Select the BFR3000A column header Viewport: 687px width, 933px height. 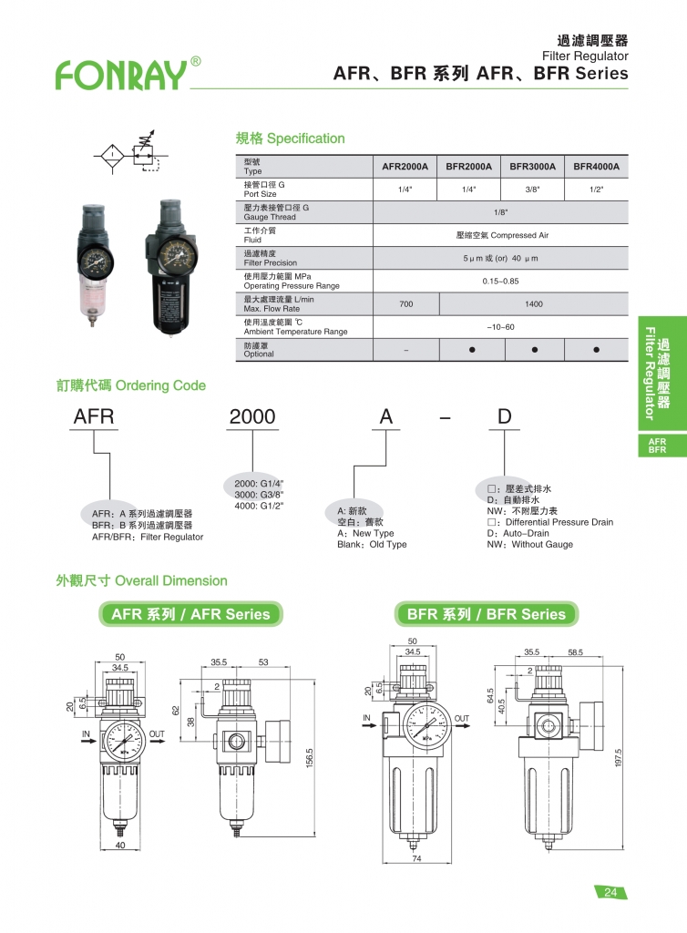(532, 167)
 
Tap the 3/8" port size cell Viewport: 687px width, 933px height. (532, 190)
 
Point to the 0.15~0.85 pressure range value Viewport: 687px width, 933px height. (500, 282)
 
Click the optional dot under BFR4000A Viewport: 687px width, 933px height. (596, 350)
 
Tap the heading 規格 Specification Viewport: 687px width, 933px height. (290, 138)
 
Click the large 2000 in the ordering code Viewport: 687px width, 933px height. (252, 416)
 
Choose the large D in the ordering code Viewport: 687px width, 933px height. (504, 416)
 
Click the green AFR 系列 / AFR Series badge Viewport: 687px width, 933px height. (190, 614)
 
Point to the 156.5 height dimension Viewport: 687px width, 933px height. (309, 756)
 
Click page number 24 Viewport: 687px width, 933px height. (610, 893)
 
